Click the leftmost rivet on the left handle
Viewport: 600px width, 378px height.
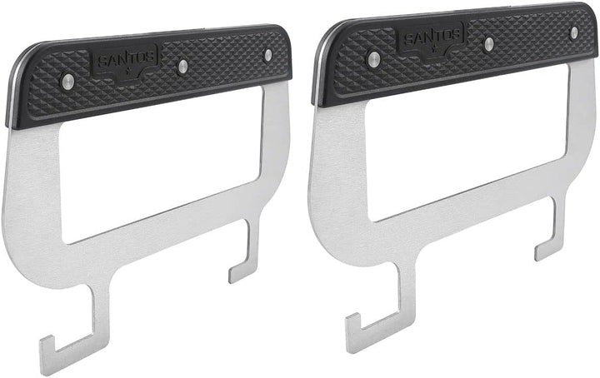click(68, 81)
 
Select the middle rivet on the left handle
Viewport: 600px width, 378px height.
click(183, 66)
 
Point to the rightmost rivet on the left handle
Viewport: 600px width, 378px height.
click(267, 55)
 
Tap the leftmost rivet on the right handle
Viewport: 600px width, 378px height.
click(374, 57)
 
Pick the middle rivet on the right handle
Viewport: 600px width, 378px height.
click(489, 43)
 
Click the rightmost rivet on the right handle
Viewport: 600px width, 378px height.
click(573, 32)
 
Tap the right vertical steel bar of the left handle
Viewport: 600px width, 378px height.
click(276, 133)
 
